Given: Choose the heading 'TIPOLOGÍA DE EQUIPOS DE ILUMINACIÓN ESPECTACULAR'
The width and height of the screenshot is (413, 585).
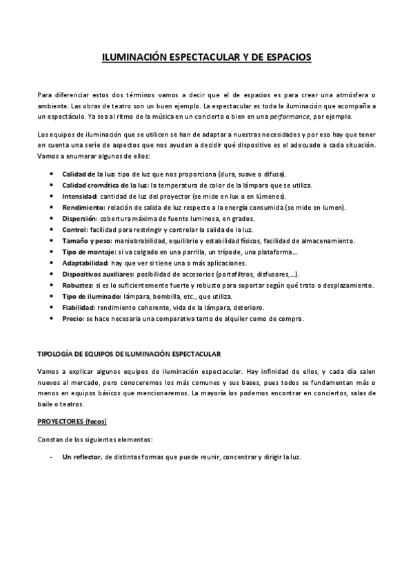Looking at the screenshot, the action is pos(129,354).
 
